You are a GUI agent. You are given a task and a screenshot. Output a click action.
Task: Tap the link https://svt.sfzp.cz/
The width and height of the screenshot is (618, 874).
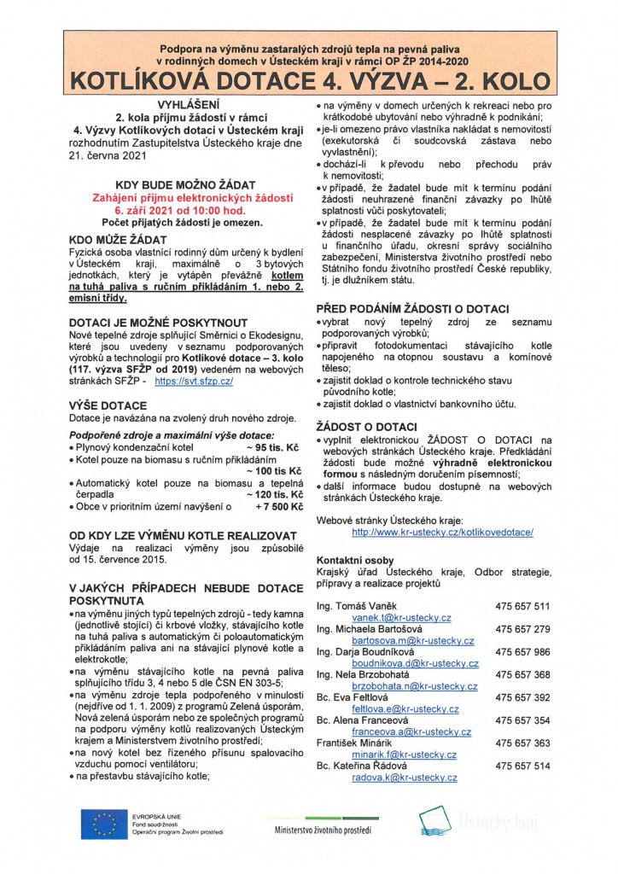tap(195, 383)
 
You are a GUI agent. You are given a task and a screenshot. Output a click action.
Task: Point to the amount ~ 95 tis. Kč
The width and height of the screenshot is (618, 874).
tap(274, 446)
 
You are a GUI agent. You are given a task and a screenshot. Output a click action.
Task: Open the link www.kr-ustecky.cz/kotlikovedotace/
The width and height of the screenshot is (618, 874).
tap(442, 531)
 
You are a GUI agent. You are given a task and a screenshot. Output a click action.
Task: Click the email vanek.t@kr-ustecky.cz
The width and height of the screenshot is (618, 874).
tap(402, 617)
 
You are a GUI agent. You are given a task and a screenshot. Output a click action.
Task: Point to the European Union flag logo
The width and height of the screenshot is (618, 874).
tap(102, 824)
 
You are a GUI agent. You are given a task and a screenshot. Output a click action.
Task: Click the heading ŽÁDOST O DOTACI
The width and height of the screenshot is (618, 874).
tap(366, 425)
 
